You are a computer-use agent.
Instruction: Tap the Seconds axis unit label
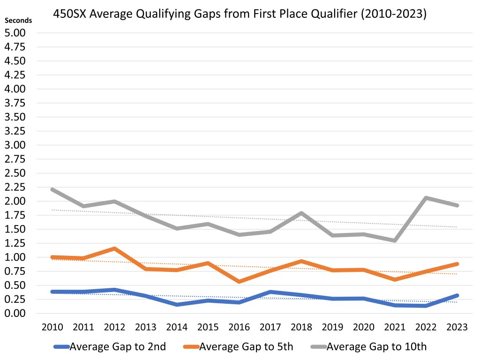point(18,20)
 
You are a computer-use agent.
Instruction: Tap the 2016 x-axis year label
point(239,327)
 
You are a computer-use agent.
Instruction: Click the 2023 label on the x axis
point(457,327)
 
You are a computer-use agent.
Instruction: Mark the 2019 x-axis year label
point(332,327)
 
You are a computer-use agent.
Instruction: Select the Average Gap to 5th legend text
point(246,347)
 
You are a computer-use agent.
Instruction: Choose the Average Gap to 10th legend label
point(376,347)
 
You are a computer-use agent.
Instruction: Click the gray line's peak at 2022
point(426,198)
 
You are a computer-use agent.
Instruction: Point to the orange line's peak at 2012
point(114,248)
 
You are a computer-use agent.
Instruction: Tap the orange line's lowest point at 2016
point(239,282)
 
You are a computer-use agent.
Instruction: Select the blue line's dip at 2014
point(176,305)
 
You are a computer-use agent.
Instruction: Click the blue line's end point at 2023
point(457,295)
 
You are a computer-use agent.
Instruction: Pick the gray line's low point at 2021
point(395,240)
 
